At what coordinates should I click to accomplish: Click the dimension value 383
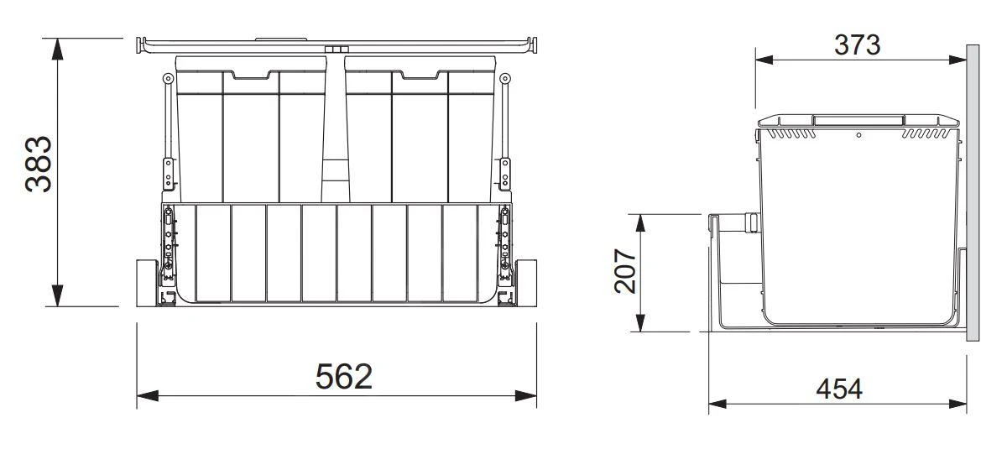click(39, 164)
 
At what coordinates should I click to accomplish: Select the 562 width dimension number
click(344, 377)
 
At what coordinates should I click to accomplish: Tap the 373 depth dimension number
click(857, 44)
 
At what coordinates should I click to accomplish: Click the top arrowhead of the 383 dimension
click(57, 47)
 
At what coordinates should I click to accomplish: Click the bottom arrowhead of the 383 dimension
click(57, 297)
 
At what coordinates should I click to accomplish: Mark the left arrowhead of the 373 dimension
click(764, 59)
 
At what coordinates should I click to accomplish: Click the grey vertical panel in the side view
click(972, 193)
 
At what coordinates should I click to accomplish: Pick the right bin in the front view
click(420, 130)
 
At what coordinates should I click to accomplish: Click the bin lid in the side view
click(858, 121)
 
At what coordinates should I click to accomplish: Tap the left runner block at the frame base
click(147, 283)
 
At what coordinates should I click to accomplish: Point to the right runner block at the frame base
click(527, 283)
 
